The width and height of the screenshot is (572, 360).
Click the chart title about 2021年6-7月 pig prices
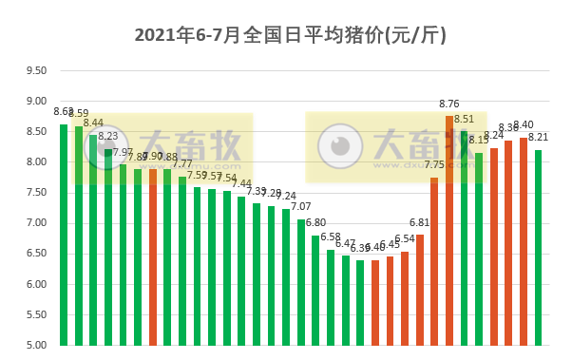pyautogui.click(x=290, y=35)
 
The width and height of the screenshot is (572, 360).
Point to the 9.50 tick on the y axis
pyautogui.click(x=35, y=70)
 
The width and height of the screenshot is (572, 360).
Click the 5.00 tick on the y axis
pyautogui.click(x=35, y=345)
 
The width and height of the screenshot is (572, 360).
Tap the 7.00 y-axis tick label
pyautogui.click(x=35, y=223)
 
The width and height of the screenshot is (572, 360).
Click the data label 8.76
pyautogui.click(x=449, y=104)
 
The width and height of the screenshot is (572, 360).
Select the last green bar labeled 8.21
pyautogui.click(x=539, y=247)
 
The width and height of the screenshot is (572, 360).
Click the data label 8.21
pyautogui.click(x=539, y=137)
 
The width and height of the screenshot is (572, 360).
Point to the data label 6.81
pyautogui.click(x=420, y=223)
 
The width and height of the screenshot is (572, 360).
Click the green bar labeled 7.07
pyautogui.click(x=301, y=282)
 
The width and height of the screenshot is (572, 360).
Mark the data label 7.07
pyautogui.click(x=301, y=207)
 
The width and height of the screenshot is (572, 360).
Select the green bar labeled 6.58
pyautogui.click(x=331, y=297)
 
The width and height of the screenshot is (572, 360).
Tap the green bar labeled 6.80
pyautogui.click(x=315, y=290)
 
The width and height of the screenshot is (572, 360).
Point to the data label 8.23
pyautogui.click(x=108, y=136)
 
